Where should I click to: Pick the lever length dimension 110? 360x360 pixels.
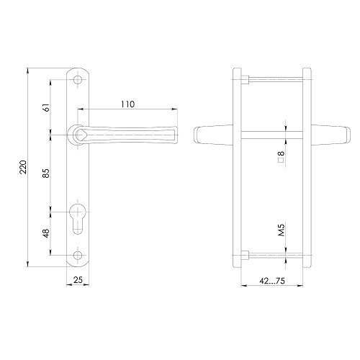coord(127,104)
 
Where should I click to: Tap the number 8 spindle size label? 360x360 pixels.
coord(282,155)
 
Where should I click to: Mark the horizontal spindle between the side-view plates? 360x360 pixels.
coord(271,132)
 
